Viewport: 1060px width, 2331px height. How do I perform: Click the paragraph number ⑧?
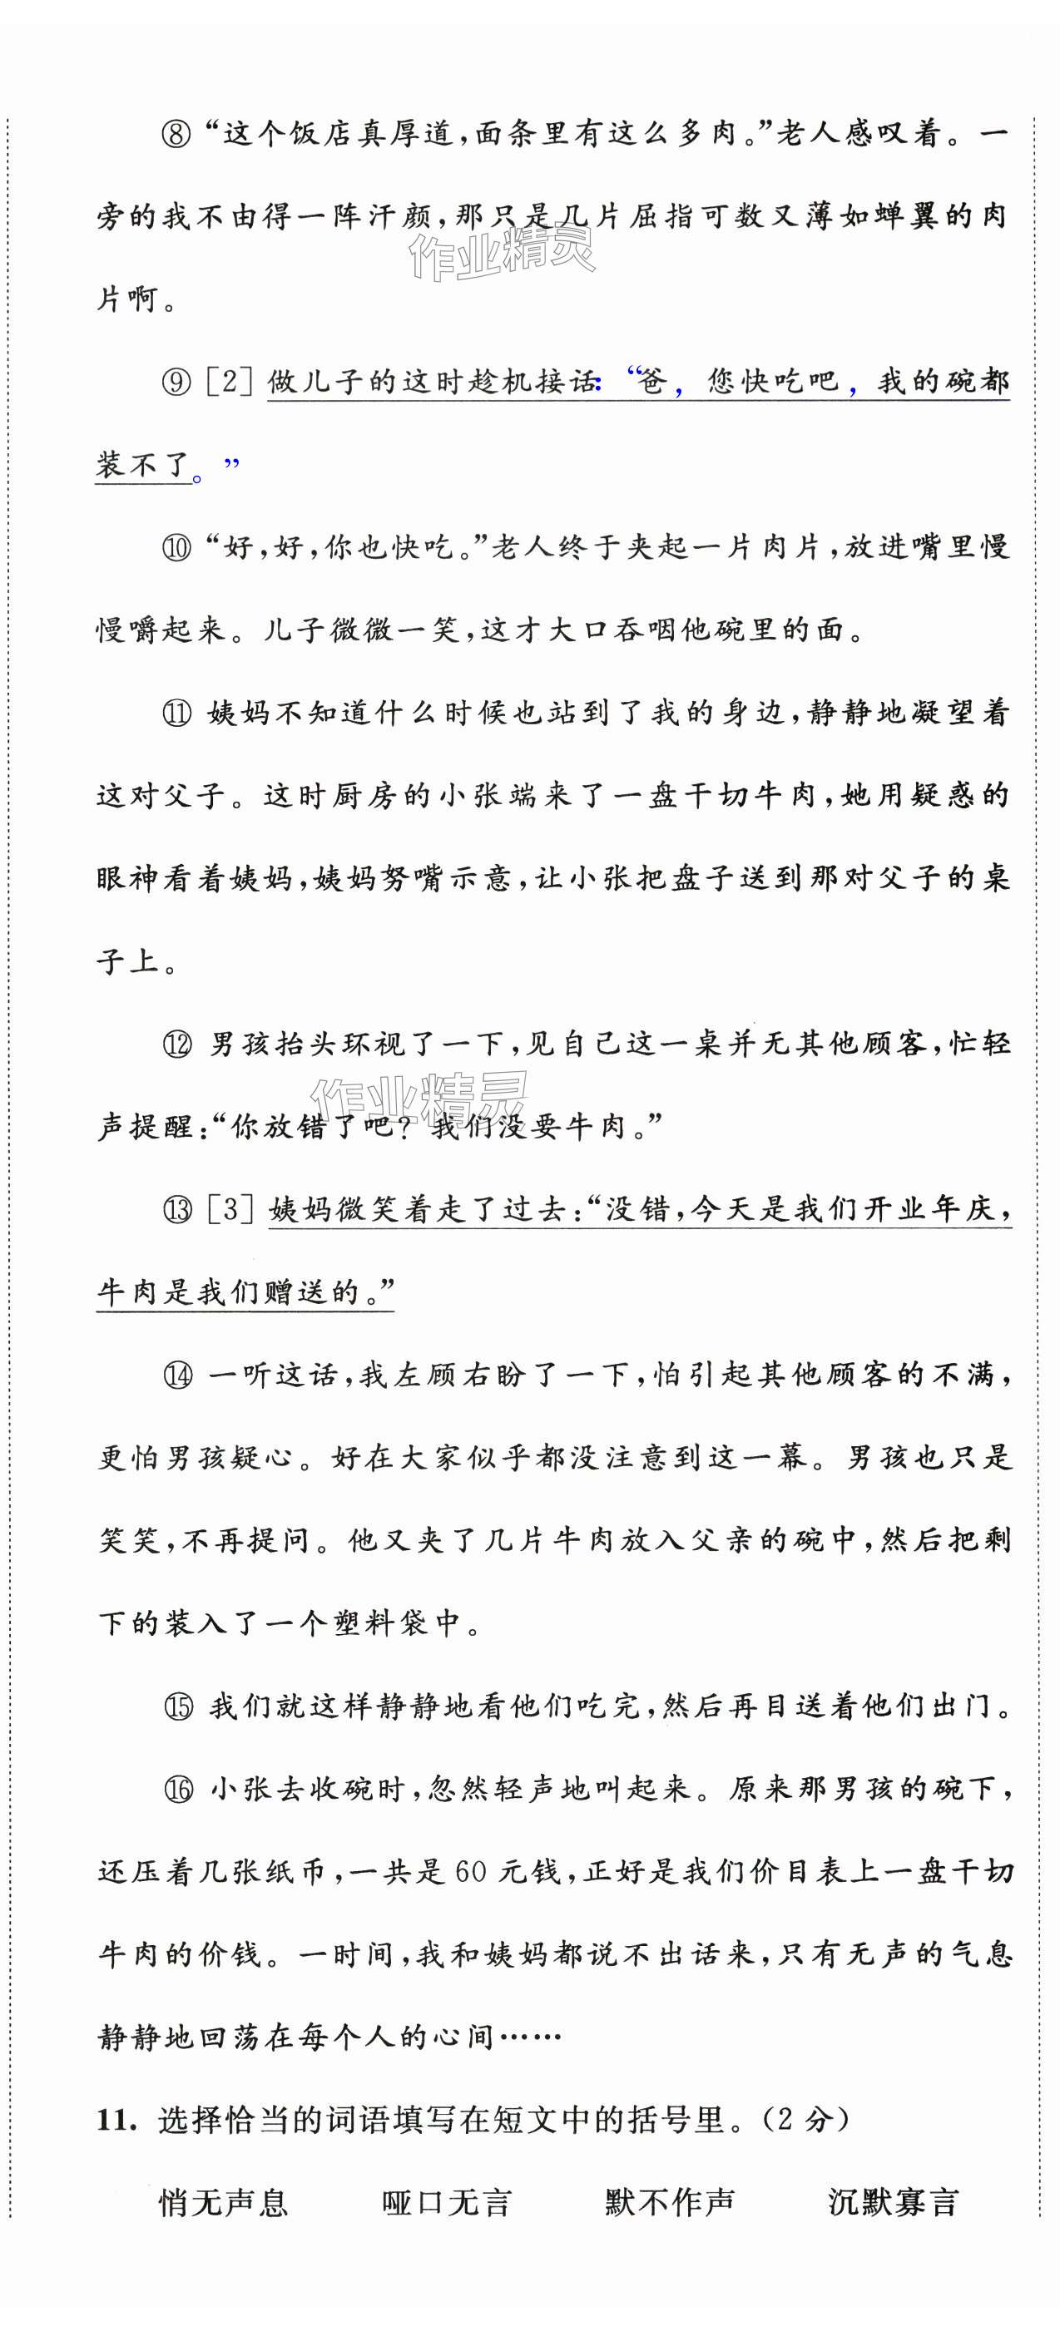[x=177, y=134]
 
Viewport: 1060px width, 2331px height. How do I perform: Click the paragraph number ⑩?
[x=177, y=547]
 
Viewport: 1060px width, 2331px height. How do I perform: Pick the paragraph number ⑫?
[x=177, y=1045]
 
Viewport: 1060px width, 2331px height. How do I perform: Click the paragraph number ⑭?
[x=177, y=1375]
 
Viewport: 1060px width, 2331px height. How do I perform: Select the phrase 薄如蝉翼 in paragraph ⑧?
[x=867, y=217]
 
